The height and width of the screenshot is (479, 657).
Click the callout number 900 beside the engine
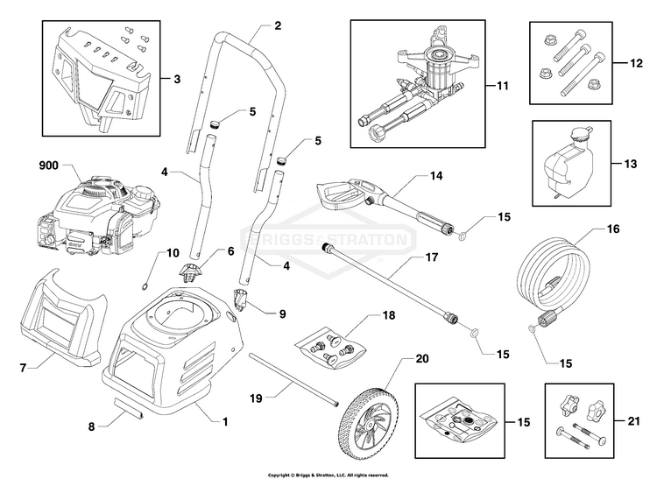click(48, 166)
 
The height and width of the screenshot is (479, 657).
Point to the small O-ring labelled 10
click(145, 287)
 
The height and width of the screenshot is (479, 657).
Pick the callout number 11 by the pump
click(503, 86)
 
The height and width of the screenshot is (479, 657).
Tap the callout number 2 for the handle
click(278, 25)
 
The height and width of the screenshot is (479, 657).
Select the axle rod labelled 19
click(293, 378)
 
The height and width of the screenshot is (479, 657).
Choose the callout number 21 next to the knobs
click(634, 420)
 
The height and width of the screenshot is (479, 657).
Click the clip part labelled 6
click(190, 272)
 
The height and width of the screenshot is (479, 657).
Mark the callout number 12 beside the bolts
click(636, 63)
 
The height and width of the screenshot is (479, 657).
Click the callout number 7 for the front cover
click(23, 368)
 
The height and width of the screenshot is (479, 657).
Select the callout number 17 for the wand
click(432, 257)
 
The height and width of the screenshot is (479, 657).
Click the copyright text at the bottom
click(328, 475)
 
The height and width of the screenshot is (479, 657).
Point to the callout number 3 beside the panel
click(177, 78)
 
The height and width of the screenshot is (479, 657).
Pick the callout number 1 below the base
click(225, 421)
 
